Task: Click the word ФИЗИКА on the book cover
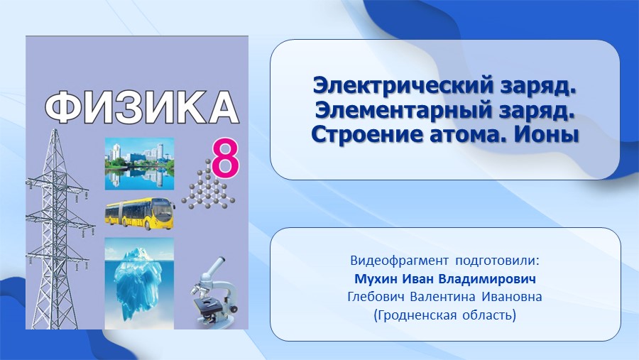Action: pyautogui.click(x=141, y=108)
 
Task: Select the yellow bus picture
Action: pyautogui.click(x=140, y=214)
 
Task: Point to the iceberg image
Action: pyautogui.click(x=139, y=283)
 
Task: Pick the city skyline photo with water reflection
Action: pyautogui.click(x=139, y=164)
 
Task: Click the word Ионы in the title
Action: pyautogui.click(x=546, y=134)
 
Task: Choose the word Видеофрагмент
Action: pyautogui.click(x=399, y=261)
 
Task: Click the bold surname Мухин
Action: pyautogui.click(x=376, y=279)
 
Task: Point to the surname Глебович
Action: pyautogui.click(x=376, y=296)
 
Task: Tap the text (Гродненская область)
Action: pyautogui.click(x=445, y=315)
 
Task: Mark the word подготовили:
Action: pyautogui.click(x=498, y=261)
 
